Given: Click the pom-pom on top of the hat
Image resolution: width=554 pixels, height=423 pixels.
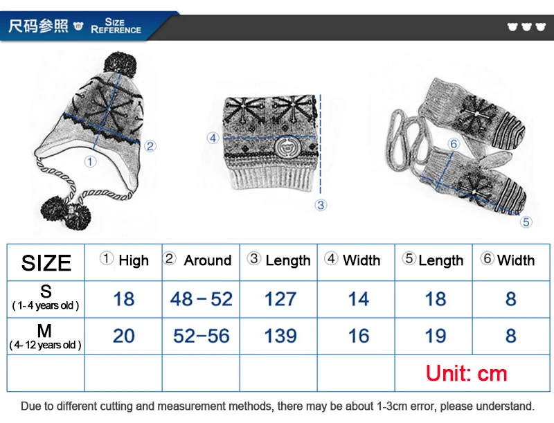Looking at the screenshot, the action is (x=120, y=65).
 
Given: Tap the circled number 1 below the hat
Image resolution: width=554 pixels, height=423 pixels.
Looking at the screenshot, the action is (x=90, y=162).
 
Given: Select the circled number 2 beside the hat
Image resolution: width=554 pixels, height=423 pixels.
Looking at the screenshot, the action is (x=150, y=146).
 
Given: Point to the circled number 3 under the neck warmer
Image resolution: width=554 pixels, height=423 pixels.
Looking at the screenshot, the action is (x=321, y=205).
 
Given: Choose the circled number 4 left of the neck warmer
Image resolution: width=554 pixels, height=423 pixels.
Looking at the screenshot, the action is (x=213, y=138).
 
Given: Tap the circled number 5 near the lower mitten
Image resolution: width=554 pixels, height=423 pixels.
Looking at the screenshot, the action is (x=526, y=222).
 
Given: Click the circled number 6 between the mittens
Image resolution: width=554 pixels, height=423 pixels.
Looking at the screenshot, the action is (x=454, y=143).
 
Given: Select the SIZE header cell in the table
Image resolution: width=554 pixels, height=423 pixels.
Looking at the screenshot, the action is (x=46, y=262).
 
